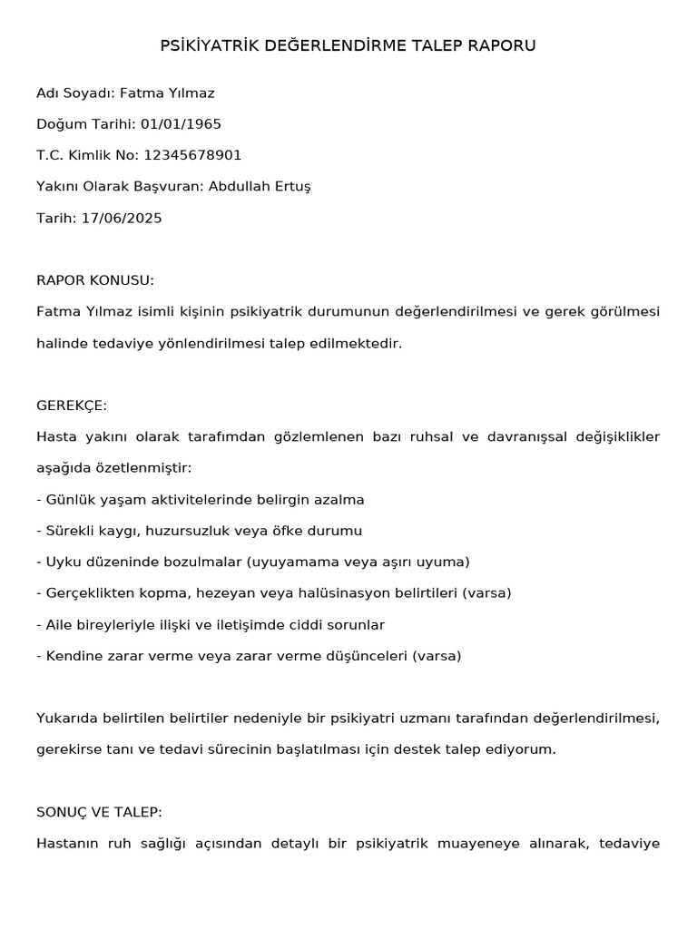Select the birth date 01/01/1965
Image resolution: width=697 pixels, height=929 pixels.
(x=181, y=124)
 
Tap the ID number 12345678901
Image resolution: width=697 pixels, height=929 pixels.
(x=193, y=155)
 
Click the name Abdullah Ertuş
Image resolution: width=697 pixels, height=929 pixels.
(x=260, y=187)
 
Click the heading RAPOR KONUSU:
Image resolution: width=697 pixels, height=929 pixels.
(x=95, y=280)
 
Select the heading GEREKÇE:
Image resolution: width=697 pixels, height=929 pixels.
(x=72, y=406)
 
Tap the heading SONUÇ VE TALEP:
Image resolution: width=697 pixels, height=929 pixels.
(x=99, y=812)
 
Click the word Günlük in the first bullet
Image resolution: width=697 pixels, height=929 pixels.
(x=69, y=500)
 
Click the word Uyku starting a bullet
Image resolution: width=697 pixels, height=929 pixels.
(x=63, y=562)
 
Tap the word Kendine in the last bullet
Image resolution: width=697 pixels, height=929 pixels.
(x=73, y=656)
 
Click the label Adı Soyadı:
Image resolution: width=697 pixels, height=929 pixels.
(x=75, y=93)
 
